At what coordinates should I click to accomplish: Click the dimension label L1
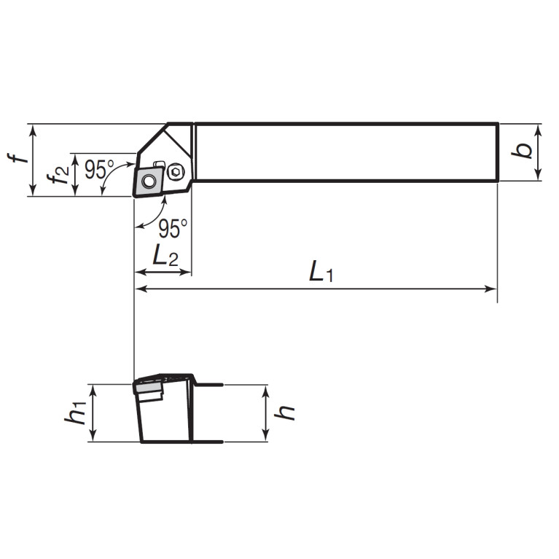pyautogui.click(x=321, y=272)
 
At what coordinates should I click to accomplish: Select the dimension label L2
pyautogui.click(x=165, y=256)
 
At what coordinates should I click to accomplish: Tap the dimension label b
pyautogui.click(x=522, y=151)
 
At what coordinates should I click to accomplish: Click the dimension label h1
pyautogui.click(x=75, y=413)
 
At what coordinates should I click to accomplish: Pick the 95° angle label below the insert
pyautogui.click(x=173, y=229)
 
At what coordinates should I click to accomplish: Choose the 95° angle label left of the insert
pyautogui.click(x=99, y=169)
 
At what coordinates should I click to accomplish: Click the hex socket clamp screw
pyautogui.click(x=176, y=172)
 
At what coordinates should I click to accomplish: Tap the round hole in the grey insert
pyautogui.click(x=149, y=181)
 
